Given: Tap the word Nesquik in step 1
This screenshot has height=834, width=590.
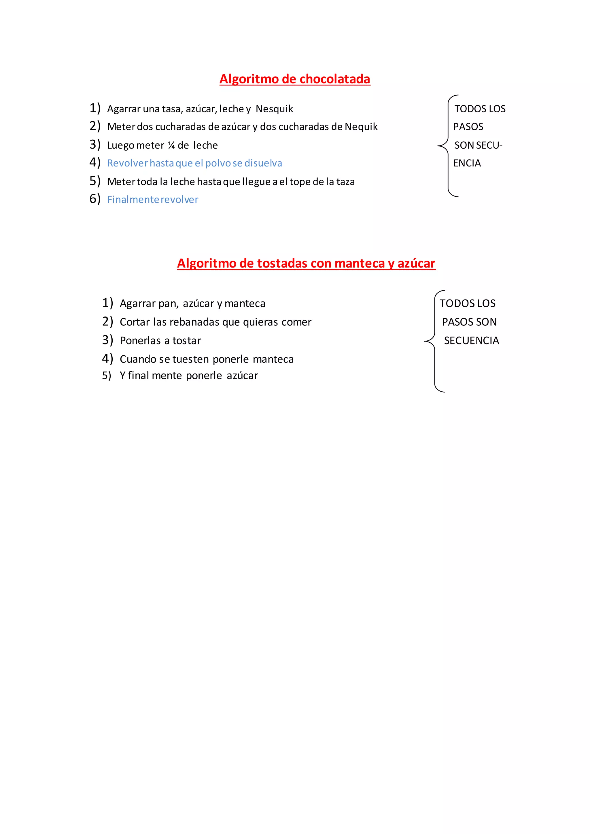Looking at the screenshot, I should point(274,109).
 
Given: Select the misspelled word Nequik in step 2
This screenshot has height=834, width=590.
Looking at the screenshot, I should point(361,127).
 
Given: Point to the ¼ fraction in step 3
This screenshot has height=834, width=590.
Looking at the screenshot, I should point(171,146).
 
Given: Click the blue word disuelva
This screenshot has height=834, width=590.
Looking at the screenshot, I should point(263,164).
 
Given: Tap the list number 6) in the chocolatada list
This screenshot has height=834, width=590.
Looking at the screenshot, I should point(95,199).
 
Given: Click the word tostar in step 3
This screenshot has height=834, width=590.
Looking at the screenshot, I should point(186,341).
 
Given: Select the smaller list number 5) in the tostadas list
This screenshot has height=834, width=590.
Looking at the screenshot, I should point(106,376).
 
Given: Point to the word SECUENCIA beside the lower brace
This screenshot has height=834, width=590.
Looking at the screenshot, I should point(471,341).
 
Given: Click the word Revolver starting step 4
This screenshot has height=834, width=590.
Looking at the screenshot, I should point(128,164).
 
